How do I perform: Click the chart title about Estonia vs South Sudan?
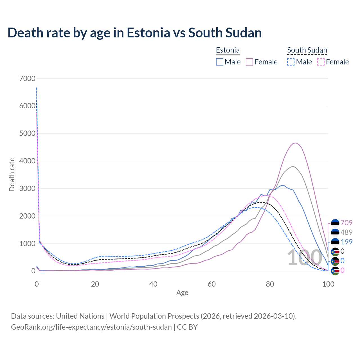[x=134, y=33]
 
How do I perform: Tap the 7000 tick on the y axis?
[x=27, y=78]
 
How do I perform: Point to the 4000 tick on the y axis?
[x=27, y=161]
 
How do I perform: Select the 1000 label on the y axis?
[x=27, y=244]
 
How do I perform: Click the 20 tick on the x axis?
[x=95, y=284]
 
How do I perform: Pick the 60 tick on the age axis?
[x=211, y=284]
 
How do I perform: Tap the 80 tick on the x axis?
[x=270, y=284]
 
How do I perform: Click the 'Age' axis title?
[x=182, y=293]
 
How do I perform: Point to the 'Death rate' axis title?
[x=12, y=175]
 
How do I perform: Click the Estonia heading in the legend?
[x=228, y=50]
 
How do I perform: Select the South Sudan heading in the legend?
[x=307, y=50]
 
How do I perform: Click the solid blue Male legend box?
[x=220, y=62]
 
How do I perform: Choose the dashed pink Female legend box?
[x=321, y=62]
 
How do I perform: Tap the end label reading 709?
[x=346, y=223]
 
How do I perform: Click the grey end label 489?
[x=346, y=232]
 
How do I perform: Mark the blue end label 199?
[x=346, y=242]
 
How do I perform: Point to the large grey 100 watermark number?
[x=304, y=258]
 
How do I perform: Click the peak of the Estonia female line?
[x=295, y=143]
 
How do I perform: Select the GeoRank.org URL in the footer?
[x=91, y=327]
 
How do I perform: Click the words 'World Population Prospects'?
[x=154, y=316]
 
